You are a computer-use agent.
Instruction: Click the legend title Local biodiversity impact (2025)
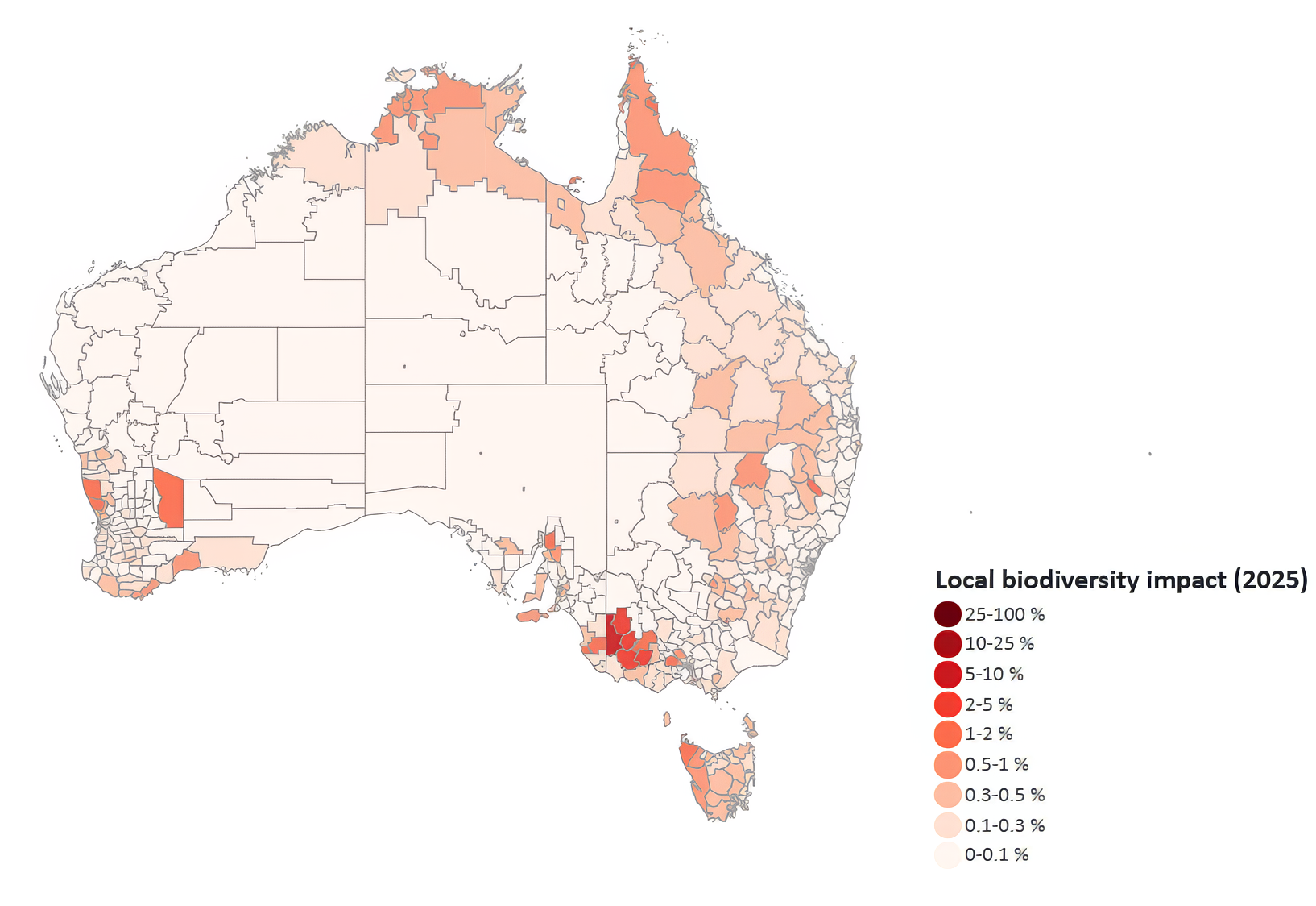click(1120, 580)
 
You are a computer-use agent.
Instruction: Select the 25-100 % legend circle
click(948, 614)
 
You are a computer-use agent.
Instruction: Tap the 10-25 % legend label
click(999, 643)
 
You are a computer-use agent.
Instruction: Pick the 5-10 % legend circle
click(948, 674)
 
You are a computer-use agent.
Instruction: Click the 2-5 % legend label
click(989, 704)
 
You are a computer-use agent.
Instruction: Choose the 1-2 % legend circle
click(948, 734)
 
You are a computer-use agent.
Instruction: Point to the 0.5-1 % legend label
click(997, 764)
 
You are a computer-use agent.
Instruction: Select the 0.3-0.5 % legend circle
click(948, 795)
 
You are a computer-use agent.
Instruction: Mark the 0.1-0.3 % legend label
click(1004, 825)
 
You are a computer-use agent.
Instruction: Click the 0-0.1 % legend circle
click(948, 855)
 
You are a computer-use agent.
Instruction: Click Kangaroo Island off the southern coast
click(531, 617)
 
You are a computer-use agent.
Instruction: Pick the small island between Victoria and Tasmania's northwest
click(668, 717)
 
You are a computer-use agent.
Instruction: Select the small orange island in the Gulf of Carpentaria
click(574, 181)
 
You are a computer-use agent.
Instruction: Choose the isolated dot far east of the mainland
click(1150, 454)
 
